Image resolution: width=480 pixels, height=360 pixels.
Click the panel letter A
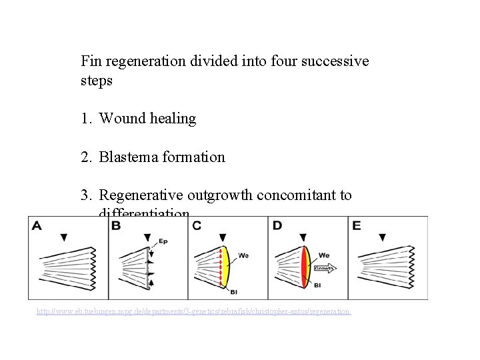pos(37,226)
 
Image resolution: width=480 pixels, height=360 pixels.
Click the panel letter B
pos(116,226)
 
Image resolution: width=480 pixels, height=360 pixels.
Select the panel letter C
pos(196,226)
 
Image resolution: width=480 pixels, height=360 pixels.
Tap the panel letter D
pos(277,226)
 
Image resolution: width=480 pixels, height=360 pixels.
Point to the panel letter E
pos(357,226)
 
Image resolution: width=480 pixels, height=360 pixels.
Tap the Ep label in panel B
pos(163,241)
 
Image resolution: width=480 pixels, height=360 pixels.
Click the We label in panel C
pos(244,254)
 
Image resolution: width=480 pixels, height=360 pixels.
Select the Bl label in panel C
pos(233,291)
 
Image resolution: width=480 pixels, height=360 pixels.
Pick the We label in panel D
pos(324,254)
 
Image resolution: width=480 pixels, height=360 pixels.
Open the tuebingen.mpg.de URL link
pos(193,311)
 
